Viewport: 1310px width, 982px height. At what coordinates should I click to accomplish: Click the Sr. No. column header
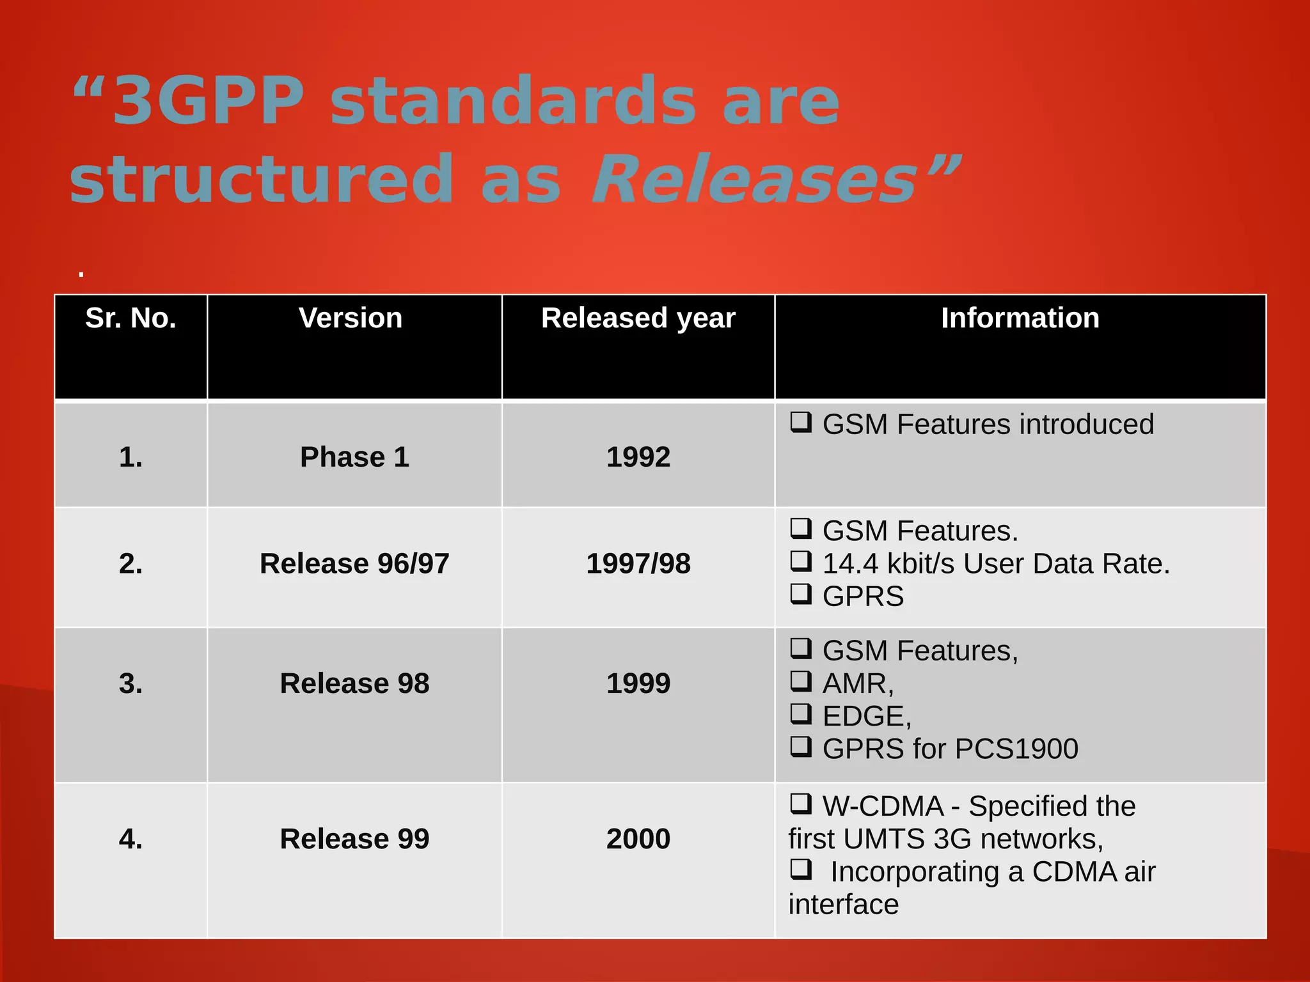pos(130,318)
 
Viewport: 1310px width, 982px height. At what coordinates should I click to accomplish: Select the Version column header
pos(351,318)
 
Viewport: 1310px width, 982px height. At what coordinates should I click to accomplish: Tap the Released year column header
pos(638,318)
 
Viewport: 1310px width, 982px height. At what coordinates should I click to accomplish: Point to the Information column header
pos(1020,318)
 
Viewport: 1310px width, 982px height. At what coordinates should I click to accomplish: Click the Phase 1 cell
pos(354,457)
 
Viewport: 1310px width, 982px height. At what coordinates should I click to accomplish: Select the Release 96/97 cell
pos(354,564)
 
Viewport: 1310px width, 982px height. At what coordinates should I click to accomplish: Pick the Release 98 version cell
pos(354,683)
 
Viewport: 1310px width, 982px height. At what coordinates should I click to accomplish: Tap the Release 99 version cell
pos(354,839)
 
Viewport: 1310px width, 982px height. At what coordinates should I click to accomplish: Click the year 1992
pos(638,457)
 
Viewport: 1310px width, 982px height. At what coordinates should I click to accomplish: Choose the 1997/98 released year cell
pos(638,564)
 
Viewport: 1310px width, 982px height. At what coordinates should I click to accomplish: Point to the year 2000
pos(638,839)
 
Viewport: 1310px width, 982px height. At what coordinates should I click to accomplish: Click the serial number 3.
pos(130,683)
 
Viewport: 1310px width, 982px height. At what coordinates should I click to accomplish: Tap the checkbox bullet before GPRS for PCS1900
pos(800,746)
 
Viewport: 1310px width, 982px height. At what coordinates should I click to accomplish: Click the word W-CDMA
pos(883,806)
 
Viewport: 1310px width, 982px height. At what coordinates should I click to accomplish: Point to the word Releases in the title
pos(755,179)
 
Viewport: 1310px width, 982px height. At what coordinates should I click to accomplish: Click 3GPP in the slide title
pos(208,100)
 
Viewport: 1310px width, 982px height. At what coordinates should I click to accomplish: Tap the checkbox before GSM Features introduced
pos(800,422)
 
